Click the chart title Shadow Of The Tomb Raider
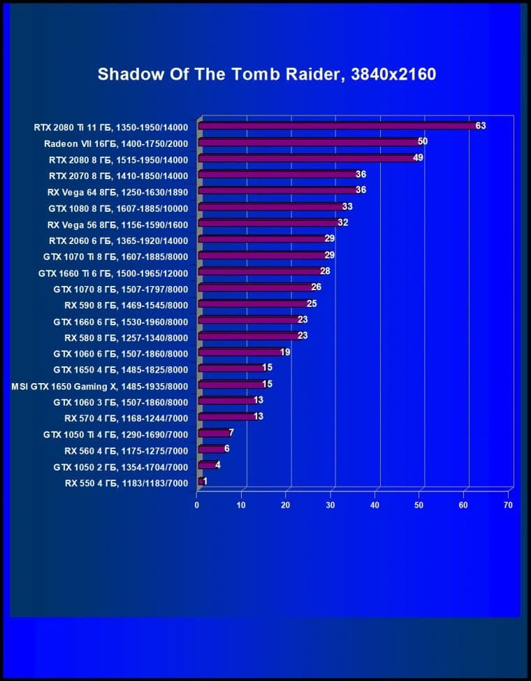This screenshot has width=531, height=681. coord(266,74)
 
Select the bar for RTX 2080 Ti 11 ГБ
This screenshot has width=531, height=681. coord(335,126)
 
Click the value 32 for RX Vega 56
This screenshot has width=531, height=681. coord(342,222)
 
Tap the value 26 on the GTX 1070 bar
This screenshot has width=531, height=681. coord(317,287)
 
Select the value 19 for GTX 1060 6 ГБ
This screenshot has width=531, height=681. coord(285,352)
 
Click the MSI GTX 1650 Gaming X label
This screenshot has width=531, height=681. coord(100,385)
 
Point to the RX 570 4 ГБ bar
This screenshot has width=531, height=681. coord(226,417)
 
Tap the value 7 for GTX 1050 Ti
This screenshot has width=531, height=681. coord(231,433)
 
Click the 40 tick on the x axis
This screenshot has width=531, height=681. coord(375,505)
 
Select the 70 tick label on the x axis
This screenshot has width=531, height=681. coord(508,505)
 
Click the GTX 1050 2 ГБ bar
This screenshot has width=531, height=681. coord(208,465)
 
